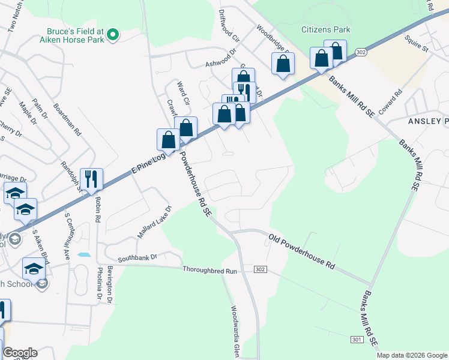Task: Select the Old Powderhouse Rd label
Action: tap(301, 251)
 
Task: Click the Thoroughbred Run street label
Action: tap(211, 271)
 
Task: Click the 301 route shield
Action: tap(357, 340)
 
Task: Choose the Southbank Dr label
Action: tap(137, 257)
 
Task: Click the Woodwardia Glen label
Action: tap(235, 329)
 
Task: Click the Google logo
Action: tap(20, 353)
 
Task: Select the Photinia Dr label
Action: tap(96, 281)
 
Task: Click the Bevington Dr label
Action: tap(110, 283)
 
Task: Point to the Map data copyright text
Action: tap(411, 355)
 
